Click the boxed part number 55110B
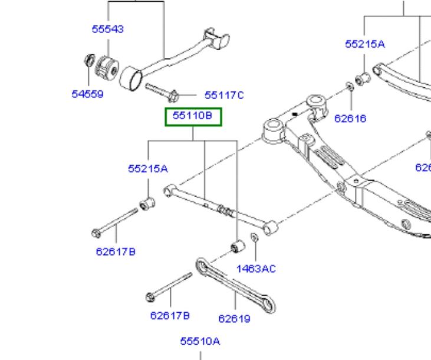pos(192,116)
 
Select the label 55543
pos(108,29)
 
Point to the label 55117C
pos(224,94)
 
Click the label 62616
pos(350,118)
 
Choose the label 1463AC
pos(256,269)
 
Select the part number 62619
pos(234,319)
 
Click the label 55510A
pos(200,341)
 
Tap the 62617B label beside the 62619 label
pos(170,315)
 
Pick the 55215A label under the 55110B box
pos(148,168)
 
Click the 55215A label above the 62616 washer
pos(365,44)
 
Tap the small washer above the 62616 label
pos(350,87)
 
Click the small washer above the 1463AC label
pos(254,237)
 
